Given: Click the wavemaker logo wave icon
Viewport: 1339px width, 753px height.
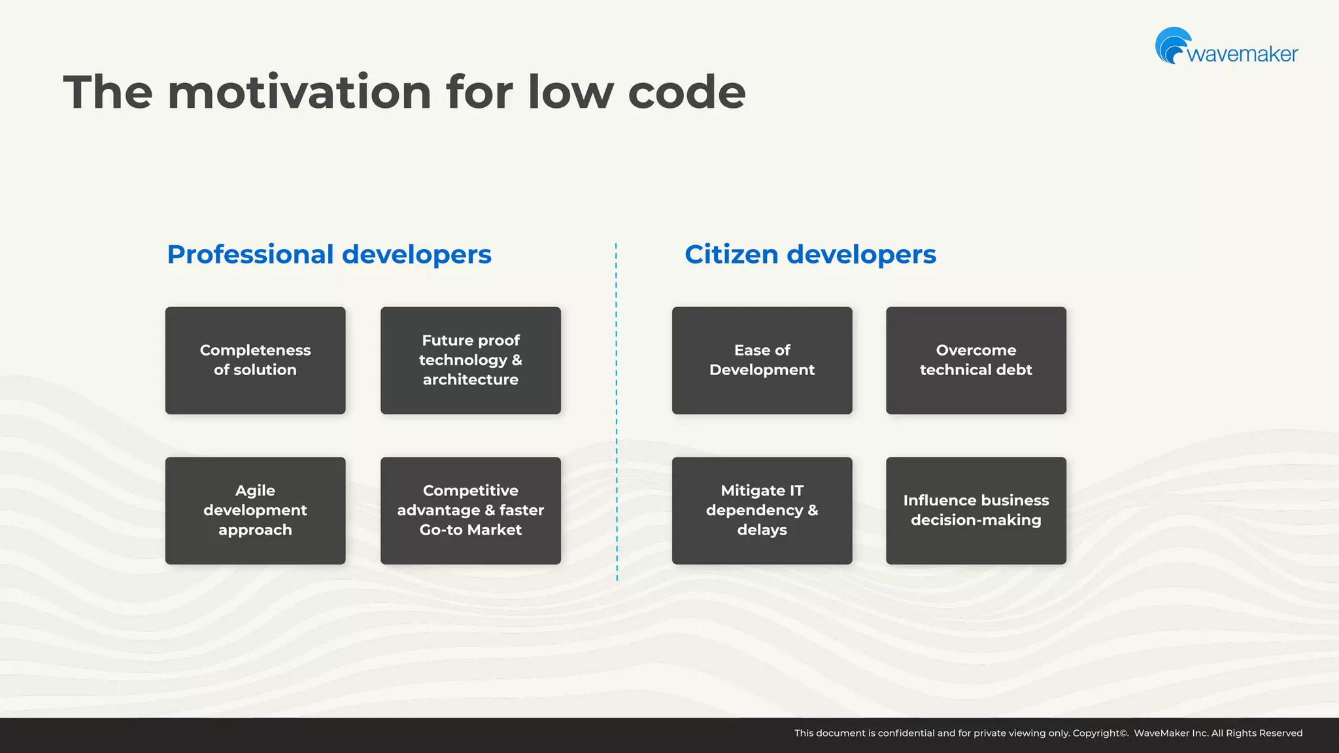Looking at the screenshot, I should point(1172,46).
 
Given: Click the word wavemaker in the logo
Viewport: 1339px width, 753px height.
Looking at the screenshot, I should point(1242,54).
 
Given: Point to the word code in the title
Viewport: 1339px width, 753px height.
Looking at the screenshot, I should point(686,92).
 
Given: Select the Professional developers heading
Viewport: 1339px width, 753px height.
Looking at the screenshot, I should point(329,254).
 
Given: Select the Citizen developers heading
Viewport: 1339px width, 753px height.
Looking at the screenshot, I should point(810,254).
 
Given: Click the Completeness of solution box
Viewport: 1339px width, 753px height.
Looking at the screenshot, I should point(255,360).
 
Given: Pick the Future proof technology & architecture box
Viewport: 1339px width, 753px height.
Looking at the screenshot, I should point(470,360).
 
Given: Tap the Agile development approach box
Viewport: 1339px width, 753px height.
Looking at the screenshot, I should point(255,510).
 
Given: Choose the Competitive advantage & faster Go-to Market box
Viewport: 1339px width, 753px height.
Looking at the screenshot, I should point(470,510).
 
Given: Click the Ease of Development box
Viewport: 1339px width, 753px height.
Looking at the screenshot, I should point(762,360).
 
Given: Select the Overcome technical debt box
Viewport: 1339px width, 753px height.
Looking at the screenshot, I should point(975,360).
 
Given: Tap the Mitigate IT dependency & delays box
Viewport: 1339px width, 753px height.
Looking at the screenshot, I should point(762,510).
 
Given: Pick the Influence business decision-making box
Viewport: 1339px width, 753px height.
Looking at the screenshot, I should point(975,510).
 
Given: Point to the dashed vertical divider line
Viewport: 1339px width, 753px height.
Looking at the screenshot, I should point(616,412).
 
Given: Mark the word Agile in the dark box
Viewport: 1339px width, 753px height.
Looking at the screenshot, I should point(255,491).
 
